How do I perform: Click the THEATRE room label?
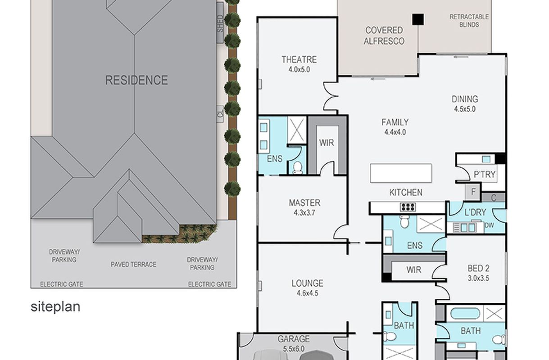tap(299, 59)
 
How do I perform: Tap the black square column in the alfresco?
tap(418, 19)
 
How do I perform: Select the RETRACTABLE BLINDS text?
tap(469, 21)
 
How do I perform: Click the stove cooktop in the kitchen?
tap(408, 207)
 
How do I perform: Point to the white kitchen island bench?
tap(401, 173)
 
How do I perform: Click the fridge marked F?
tap(473, 192)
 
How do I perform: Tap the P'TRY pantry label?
tap(485, 174)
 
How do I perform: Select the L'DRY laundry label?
tap(475, 212)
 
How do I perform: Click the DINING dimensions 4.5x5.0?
tap(465, 109)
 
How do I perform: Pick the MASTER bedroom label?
tap(304, 203)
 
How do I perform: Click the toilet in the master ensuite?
tap(298, 168)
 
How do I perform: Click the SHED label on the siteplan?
tap(220, 23)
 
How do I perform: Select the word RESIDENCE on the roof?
tap(136, 81)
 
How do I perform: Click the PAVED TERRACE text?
tap(133, 265)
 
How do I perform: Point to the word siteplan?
tap(55, 307)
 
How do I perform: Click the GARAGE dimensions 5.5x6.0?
tap(293, 349)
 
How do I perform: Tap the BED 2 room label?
tap(478, 268)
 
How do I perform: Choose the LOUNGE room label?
tap(307, 283)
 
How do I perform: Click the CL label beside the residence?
tap(220, 113)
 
